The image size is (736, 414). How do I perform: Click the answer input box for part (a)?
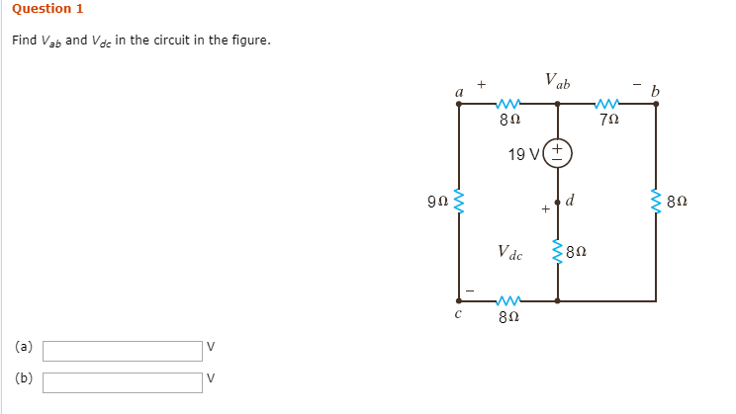[x=123, y=351]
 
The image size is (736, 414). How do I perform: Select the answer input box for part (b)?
[x=123, y=382]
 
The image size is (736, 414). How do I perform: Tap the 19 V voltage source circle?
[x=558, y=153]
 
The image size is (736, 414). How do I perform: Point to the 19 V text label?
[x=523, y=154]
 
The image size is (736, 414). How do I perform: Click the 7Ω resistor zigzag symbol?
[x=607, y=102]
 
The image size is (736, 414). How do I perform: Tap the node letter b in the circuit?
[x=654, y=91]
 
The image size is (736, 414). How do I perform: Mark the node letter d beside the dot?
[x=574, y=203]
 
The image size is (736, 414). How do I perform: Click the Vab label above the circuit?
[x=557, y=80]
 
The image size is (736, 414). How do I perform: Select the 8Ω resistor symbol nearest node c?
[x=509, y=300]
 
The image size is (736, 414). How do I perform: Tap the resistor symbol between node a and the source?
[x=509, y=102]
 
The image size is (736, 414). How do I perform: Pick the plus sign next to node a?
[x=482, y=86]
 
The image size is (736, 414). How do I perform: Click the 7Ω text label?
[x=609, y=120]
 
